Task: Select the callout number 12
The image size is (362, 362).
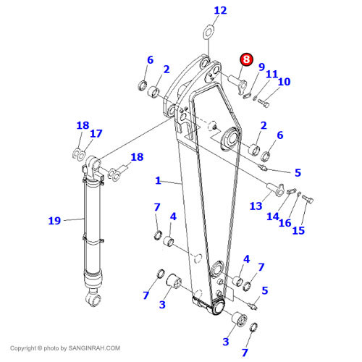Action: [x=220, y=10]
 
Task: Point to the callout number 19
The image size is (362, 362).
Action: [x=54, y=220]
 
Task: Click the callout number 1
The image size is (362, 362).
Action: [x=157, y=180]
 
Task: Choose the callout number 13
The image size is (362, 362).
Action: [x=256, y=206]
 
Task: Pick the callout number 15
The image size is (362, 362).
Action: [x=298, y=230]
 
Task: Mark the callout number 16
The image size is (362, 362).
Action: [x=286, y=222]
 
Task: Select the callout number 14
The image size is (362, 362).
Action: [x=272, y=215]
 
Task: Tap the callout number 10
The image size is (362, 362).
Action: [x=284, y=82]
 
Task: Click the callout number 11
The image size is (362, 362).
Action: [x=271, y=74]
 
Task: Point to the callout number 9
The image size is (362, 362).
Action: [x=261, y=67]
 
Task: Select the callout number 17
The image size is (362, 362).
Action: [x=96, y=133]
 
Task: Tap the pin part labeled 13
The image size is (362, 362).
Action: [x=274, y=189]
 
